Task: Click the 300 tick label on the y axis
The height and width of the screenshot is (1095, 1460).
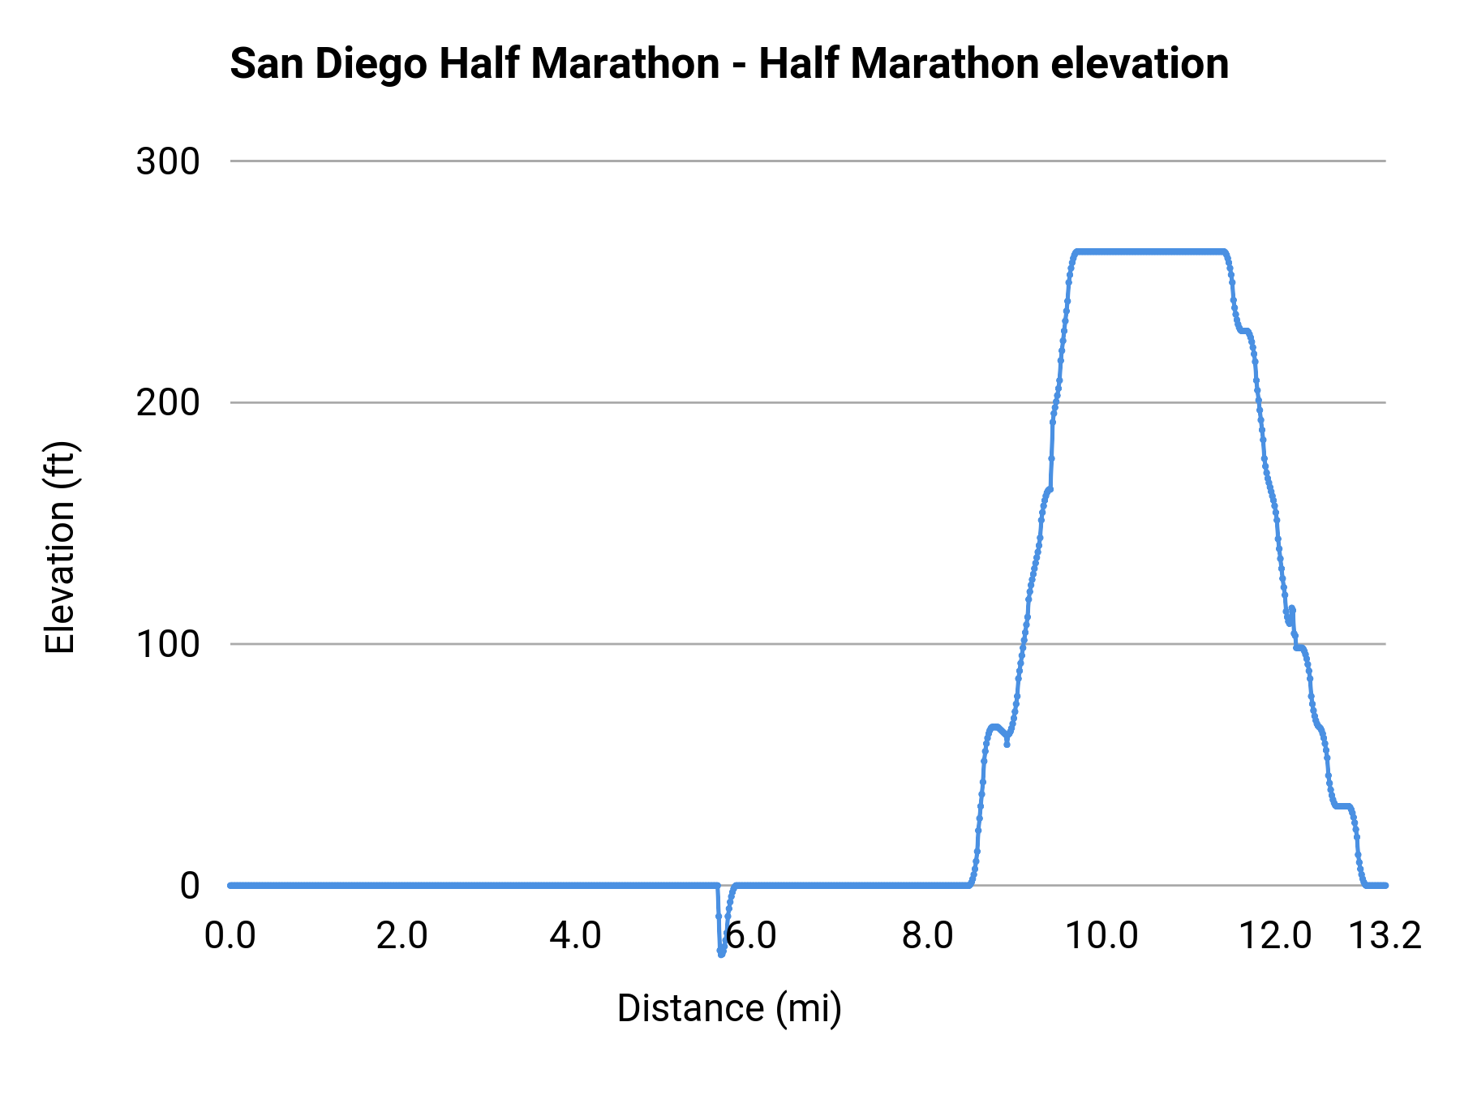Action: [x=167, y=161]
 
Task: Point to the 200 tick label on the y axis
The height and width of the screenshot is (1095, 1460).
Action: [x=167, y=402]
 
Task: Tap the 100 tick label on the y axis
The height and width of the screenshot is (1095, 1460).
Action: [x=167, y=644]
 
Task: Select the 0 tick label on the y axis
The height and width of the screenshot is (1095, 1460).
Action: [x=189, y=886]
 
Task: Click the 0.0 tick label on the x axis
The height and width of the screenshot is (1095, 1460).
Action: [x=230, y=936]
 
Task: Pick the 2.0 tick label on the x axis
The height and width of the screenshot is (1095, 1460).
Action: [x=402, y=936]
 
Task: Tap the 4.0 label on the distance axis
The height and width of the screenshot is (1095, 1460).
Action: [x=575, y=936]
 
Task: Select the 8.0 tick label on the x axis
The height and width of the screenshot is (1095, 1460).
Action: [x=927, y=936]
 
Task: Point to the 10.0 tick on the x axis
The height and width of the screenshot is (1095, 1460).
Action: [x=1101, y=936]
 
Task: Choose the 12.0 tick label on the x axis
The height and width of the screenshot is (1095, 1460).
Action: [x=1274, y=936]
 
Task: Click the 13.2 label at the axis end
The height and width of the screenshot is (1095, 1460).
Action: [x=1385, y=936]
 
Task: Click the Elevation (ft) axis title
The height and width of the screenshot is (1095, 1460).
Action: [x=60, y=547]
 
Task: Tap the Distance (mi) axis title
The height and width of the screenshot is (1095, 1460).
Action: [x=729, y=1008]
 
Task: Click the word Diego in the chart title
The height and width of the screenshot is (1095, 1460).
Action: [x=371, y=63]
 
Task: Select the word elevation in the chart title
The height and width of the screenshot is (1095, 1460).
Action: [x=1139, y=63]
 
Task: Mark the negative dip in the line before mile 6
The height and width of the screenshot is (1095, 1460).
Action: [x=720, y=951]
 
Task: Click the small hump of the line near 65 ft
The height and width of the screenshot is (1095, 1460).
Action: [x=994, y=728]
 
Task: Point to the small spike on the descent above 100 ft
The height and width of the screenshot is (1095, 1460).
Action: [x=1291, y=610]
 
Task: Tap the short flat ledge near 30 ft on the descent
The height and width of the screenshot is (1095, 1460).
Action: [x=1342, y=805]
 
